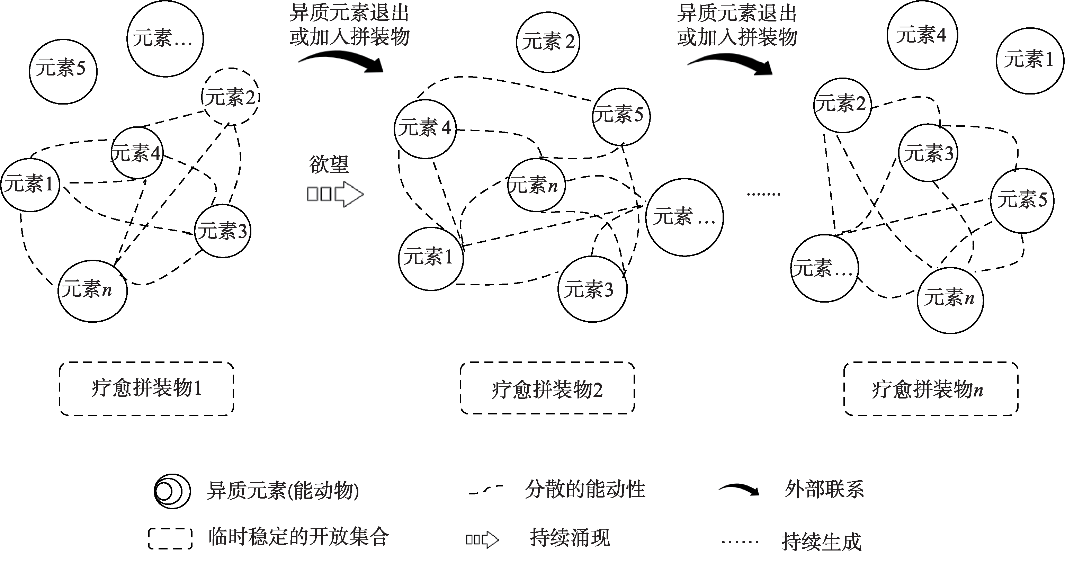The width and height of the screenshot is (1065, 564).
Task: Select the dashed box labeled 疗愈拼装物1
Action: (x=146, y=389)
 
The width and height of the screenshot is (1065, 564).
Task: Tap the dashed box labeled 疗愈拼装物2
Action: (x=547, y=389)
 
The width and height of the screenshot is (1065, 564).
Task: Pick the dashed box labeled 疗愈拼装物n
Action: (x=931, y=389)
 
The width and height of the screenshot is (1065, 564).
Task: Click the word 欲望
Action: (x=329, y=164)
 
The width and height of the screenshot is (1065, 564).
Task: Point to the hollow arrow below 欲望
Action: (x=335, y=194)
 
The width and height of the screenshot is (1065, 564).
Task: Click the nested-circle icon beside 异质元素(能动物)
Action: (x=172, y=491)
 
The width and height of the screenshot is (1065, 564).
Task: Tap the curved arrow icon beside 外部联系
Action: (x=739, y=490)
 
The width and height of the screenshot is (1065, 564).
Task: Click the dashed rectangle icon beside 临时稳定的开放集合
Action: (x=170, y=538)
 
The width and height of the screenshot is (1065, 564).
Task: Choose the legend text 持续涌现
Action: (x=570, y=538)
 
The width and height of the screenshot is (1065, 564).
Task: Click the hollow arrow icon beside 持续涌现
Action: (x=482, y=539)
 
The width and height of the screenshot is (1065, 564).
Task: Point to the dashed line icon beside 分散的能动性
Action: (x=485, y=490)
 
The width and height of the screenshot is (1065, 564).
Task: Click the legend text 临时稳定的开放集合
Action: (x=298, y=537)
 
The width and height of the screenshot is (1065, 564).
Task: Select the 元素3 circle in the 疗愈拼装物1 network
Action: (x=222, y=231)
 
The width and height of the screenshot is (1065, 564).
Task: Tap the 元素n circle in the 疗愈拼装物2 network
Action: (x=536, y=186)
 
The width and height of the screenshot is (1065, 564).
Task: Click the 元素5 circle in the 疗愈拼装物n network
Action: (x=1022, y=200)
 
